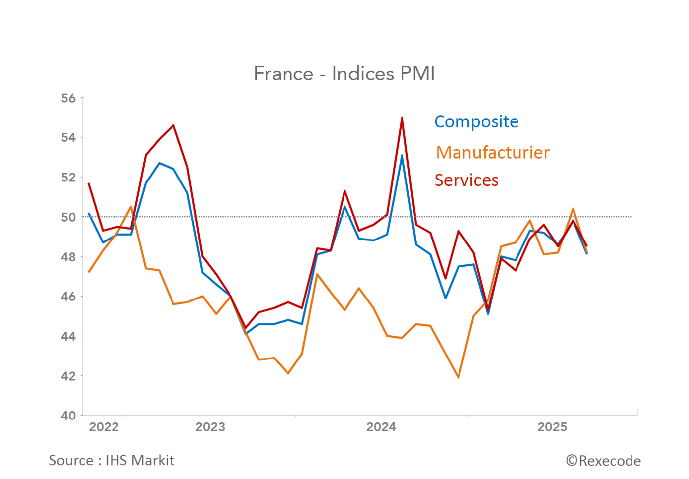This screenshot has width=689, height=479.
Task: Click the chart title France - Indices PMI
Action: [344, 74]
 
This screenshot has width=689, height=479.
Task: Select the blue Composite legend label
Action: [476, 121]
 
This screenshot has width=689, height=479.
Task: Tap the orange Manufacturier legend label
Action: [492, 153]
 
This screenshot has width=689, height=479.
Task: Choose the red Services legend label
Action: [466, 180]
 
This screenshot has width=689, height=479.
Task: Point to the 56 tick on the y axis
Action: [68, 98]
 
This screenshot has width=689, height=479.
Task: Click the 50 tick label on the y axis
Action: [68, 217]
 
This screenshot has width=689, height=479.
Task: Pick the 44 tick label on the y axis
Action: [68, 336]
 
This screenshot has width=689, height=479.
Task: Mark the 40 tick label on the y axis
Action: [68, 416]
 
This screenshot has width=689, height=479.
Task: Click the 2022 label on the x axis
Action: [104, 427]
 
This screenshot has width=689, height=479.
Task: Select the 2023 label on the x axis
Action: [210, 427]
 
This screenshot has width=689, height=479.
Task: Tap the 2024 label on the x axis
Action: [381, 427]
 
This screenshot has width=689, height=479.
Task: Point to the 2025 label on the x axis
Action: [552, 427]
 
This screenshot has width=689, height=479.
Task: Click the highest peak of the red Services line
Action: [402, 118]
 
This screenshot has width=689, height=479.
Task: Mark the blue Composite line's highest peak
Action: [402, 155]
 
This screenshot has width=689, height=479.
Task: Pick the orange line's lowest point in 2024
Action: [459, 378]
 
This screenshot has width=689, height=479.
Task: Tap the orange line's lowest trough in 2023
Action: [288, 373]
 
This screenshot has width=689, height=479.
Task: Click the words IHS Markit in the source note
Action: [140, 461]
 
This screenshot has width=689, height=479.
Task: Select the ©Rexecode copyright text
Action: [603, 461]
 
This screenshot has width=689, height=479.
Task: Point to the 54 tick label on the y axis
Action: [68, 138]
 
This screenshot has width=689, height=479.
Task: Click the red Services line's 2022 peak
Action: [173, 125]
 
